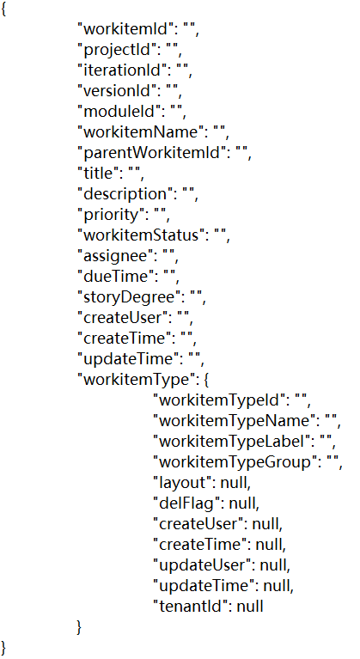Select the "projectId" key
coord(117,50)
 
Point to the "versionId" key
coord(118,91)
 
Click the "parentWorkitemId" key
coord(152,153)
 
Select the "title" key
coord(99,174)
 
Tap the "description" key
coord(125,194)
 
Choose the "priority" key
coord(112,215)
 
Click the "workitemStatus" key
coord(141,235)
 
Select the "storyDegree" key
coord(129,297)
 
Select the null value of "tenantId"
coord(250,606)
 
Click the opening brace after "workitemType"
coord(206,381)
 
